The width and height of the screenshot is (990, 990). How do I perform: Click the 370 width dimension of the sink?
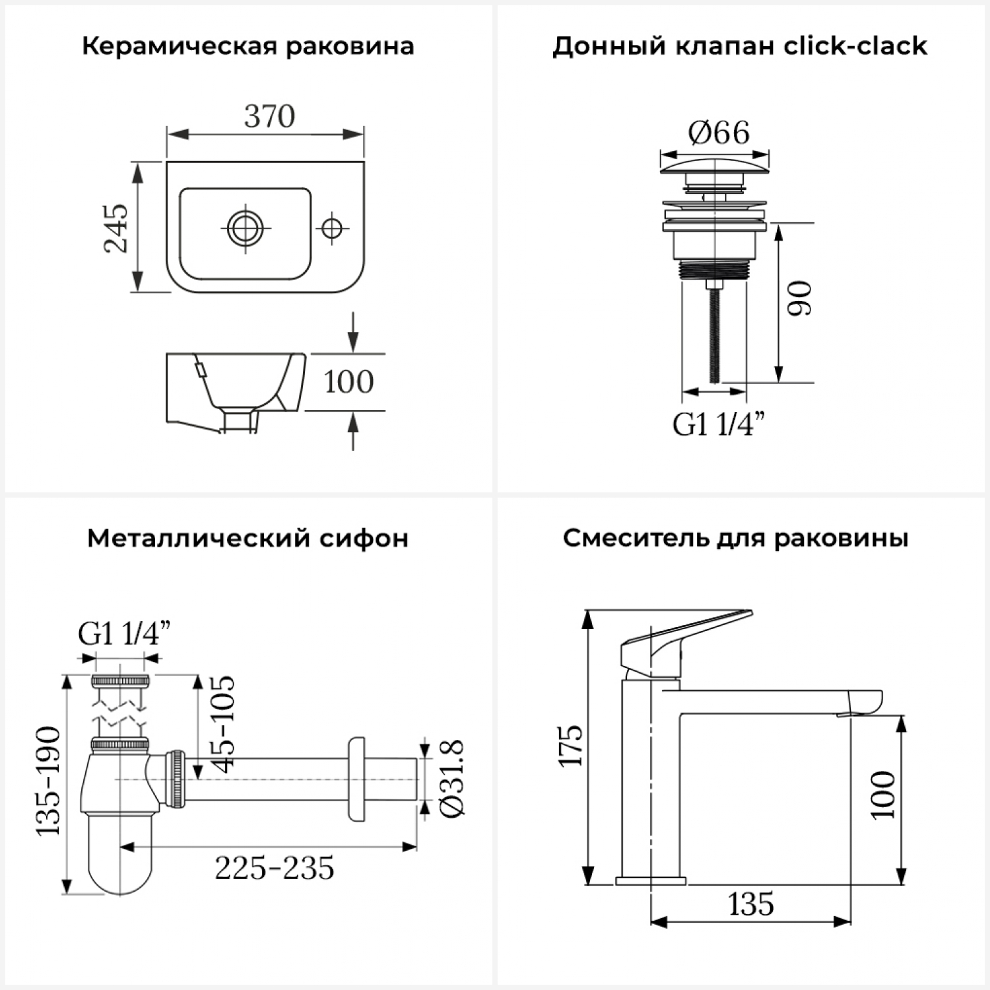(x=269, y=117)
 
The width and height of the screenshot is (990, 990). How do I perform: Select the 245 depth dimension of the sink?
(x=117, y=228)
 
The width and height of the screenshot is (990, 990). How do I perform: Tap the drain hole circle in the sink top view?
(x=246, y=228)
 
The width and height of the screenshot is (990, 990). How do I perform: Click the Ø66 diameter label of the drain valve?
(x=719, y=133)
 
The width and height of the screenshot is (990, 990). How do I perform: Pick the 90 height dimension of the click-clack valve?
(x=800, y=298)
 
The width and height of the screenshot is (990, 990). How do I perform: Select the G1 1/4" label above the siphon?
(x=124, y=634)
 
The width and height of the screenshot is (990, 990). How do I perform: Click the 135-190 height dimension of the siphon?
(x=48, y=781)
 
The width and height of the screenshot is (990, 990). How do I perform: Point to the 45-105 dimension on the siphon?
(x=222, y=724)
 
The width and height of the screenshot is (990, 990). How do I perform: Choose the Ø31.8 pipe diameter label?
(x=453, y=779)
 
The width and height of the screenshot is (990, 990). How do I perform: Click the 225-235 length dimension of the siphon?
(x=275, y=869)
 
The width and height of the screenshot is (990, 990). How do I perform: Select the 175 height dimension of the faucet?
(x=571, y=746)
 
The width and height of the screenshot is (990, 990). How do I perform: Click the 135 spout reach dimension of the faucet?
(x=751, y=904)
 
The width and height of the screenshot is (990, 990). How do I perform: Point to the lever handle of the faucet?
(x=686, y=643)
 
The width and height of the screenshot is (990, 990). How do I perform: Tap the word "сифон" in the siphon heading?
(x=364, y=539)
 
